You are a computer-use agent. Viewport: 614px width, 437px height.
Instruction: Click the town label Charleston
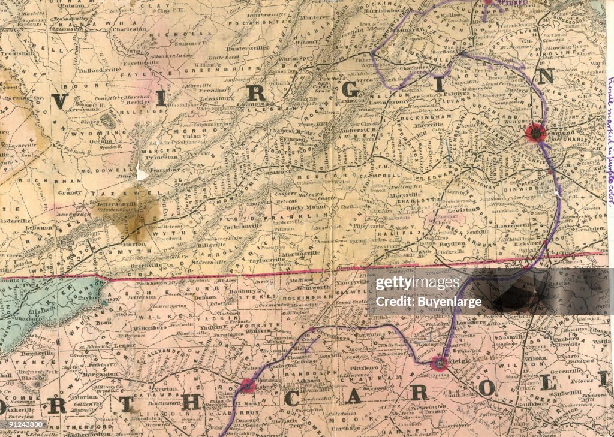128,28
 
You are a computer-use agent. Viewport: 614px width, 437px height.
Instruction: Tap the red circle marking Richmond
535,133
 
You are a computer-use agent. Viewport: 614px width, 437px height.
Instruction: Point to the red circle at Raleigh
440,363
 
